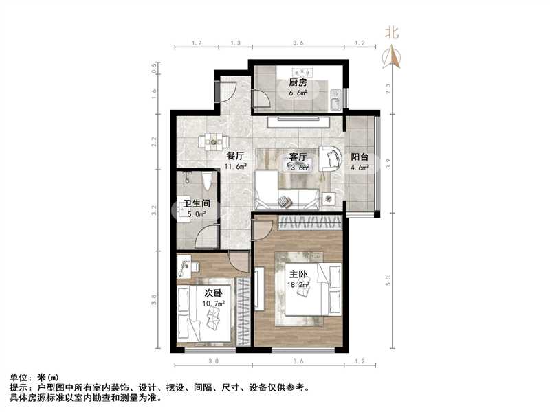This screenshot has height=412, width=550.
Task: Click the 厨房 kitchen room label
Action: tap(297, 84)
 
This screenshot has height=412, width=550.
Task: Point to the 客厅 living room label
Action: tap(298, 156)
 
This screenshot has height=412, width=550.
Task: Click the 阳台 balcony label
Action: tap(360, 156)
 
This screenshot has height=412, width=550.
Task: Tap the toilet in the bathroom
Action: tap(208, 182)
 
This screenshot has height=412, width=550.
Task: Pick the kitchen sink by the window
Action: tap(335, 100)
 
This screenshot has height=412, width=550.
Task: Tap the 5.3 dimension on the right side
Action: tap(389, 281)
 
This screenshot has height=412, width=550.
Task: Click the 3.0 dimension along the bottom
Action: tap(213, 360)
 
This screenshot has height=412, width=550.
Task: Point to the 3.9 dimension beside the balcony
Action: tap(389, 164)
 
